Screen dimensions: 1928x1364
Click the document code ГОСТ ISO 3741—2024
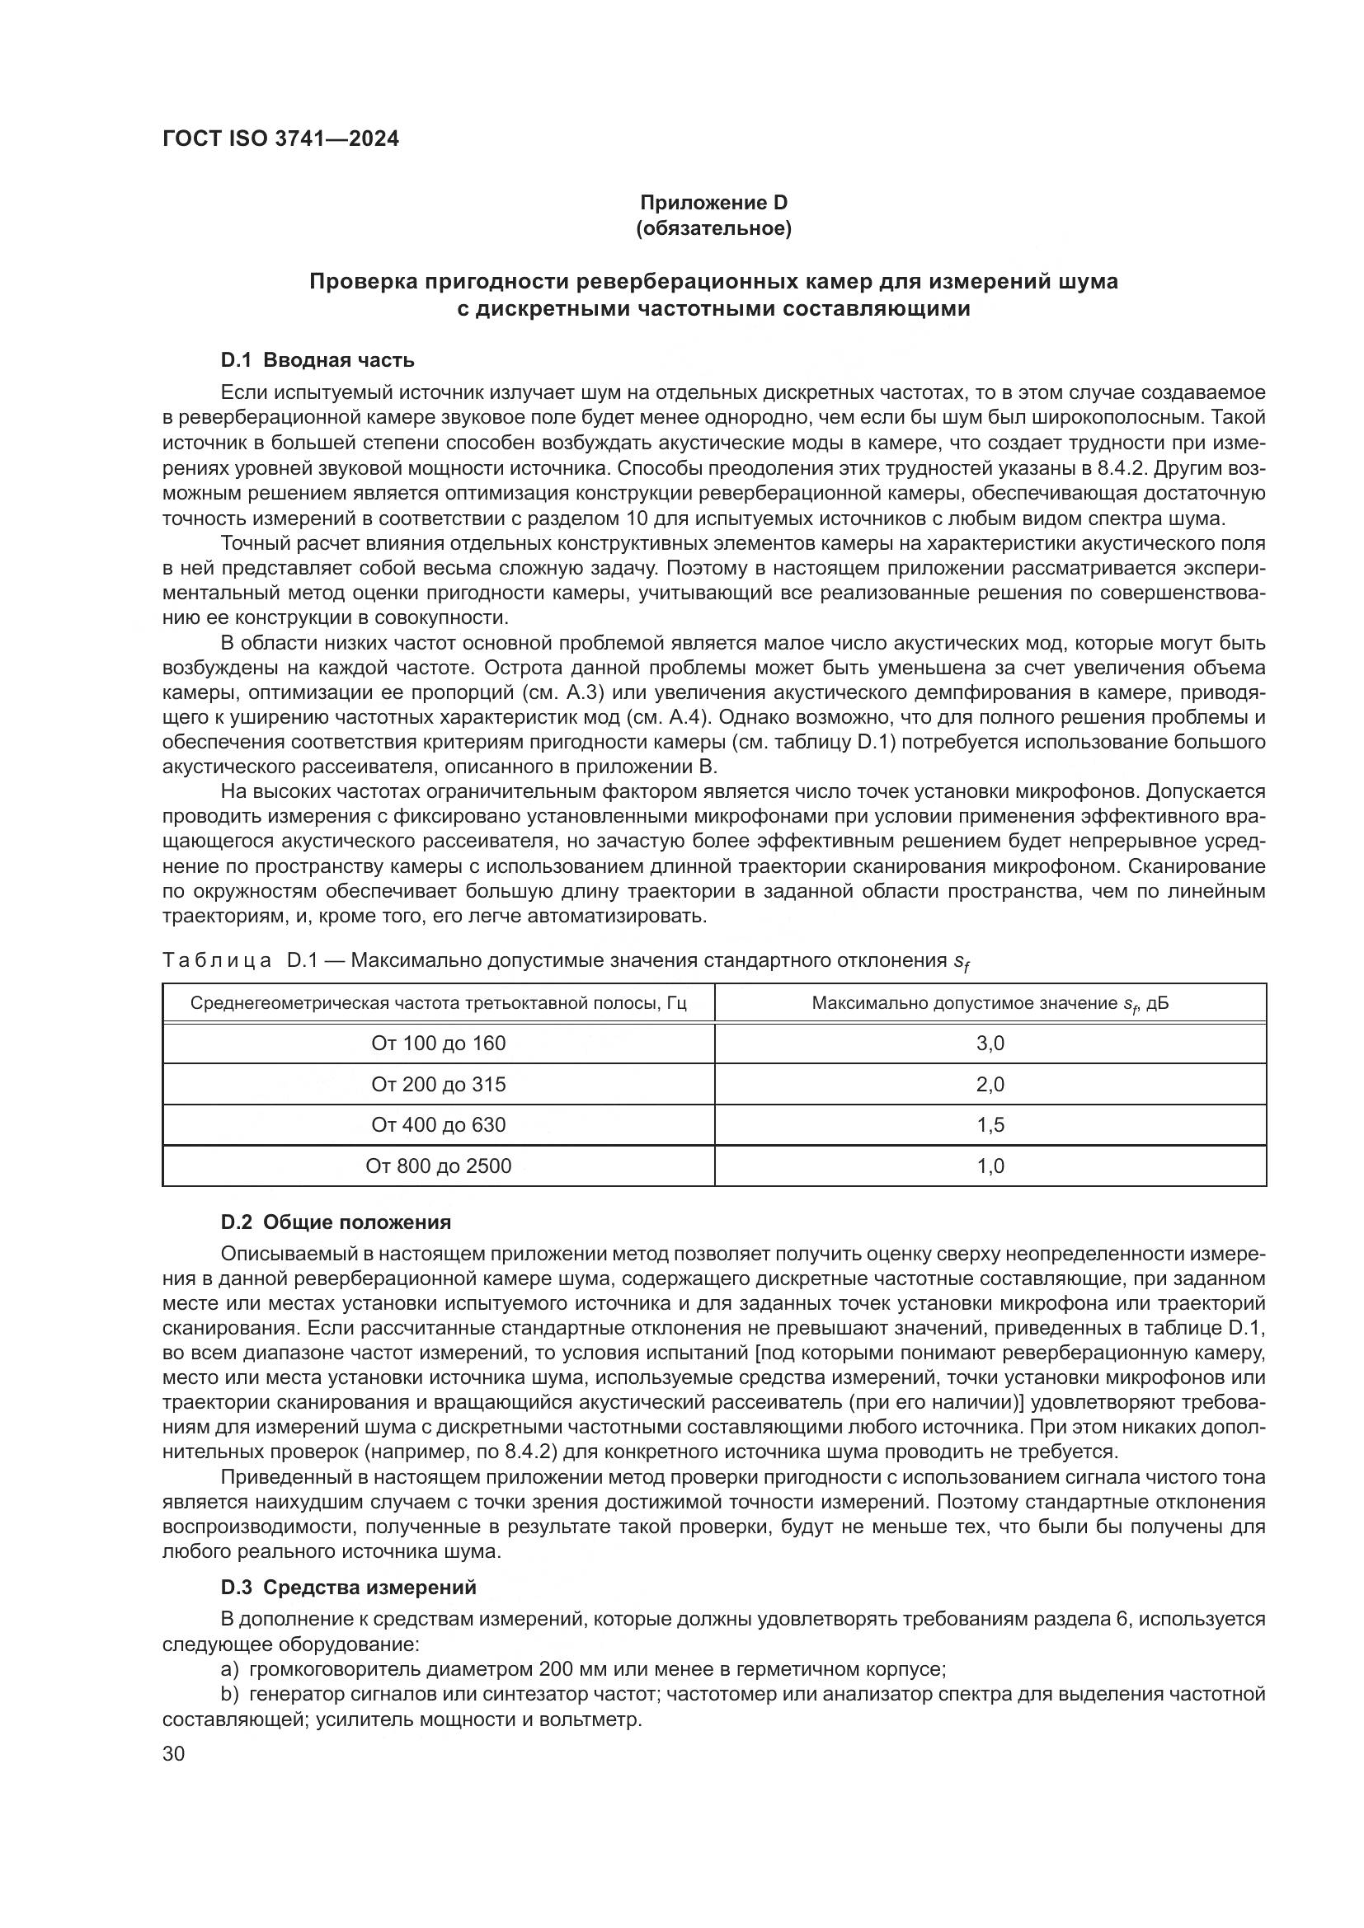click(x=280, y=139)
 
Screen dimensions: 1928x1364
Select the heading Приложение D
click(x=714, y=203)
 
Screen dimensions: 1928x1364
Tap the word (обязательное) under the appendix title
click(x=714, y=228)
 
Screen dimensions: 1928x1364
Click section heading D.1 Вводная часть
click(x=317, y=360)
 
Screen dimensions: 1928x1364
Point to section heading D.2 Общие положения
click(x=336, y=1222)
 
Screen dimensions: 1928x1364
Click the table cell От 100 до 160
click(x=439, y=1043)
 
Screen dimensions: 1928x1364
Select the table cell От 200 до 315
click(x=439, y=1084)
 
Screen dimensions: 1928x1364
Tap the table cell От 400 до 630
click(x=439, y=1124)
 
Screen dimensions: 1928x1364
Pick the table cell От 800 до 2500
click(x=439, y=1166)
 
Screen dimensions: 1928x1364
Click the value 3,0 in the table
click(x=990, y=1043)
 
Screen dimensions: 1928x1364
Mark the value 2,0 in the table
click(x=990, y=1084)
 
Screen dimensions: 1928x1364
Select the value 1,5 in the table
click(x=990, y=1124)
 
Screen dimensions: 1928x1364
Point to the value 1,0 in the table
click(x=990, y=1166)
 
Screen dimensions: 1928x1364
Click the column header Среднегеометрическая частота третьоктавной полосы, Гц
click(x=439, y=1003)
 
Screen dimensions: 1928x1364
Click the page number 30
click(x=174, y=1753)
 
